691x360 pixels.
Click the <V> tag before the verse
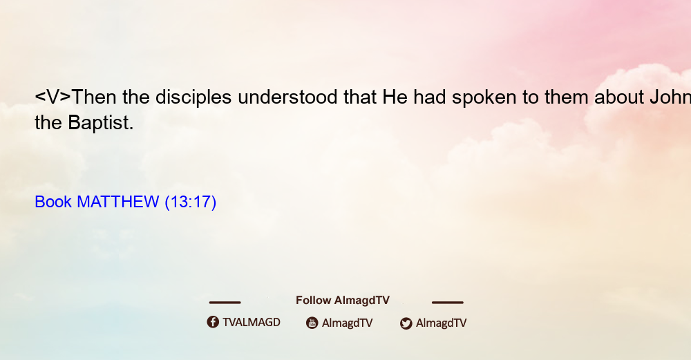(x=53, y=97)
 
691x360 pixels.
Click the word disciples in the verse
(x=193, y=97)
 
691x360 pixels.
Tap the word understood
(x=287, y=97)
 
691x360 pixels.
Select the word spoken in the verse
(x=484, y=97)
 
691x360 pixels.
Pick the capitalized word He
(x=395, y=97)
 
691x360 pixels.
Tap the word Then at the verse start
(x=93, y=97)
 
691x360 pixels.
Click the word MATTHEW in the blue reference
(x=117, y=202)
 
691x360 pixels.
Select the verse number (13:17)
(x=191, y=202)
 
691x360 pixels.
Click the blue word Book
(x=53, y=202)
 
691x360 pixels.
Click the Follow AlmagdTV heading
(x=343, y=301)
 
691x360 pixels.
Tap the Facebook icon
(x=213, y=322)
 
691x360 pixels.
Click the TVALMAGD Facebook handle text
(x=252, y=323)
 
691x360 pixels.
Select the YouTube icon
(x=312, y=323)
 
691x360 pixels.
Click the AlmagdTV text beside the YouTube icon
(x=348, y=323)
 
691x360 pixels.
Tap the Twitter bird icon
(x=406, y=323)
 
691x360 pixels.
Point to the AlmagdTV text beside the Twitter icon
(x=441, y=323)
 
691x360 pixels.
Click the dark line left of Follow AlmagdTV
(x=225, y=303)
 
